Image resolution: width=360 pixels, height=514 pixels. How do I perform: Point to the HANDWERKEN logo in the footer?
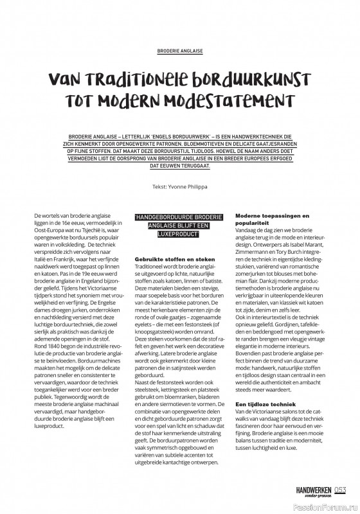[x=313, y=490]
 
